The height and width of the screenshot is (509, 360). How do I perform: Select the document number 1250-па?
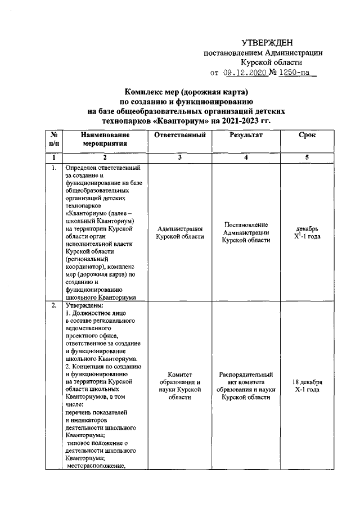(x=294, y=72)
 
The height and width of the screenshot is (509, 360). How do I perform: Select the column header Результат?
(x=246, y=136)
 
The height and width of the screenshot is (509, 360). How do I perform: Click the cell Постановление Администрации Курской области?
(x=246, y=232)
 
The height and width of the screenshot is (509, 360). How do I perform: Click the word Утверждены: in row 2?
(x=80, y=305)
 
